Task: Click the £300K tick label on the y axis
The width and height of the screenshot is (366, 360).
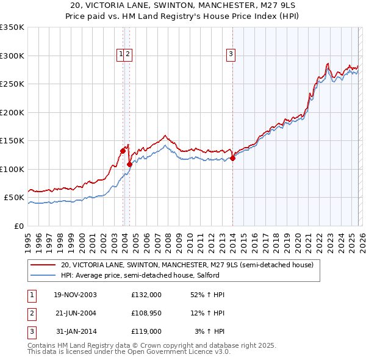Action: [x=12, y=56]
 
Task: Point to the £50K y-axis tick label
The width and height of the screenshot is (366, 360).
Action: [x=14, y=198]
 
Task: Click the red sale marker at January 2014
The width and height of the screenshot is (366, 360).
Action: [x=232, y=159]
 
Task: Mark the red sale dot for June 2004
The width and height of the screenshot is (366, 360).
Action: [x=129, y=164]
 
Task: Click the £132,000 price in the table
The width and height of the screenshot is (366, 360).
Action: [x=146, y=295]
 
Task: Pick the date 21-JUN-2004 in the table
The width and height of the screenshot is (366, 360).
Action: [x=76, y=313]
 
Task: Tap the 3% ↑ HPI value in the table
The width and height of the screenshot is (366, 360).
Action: [x=209, y=331]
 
